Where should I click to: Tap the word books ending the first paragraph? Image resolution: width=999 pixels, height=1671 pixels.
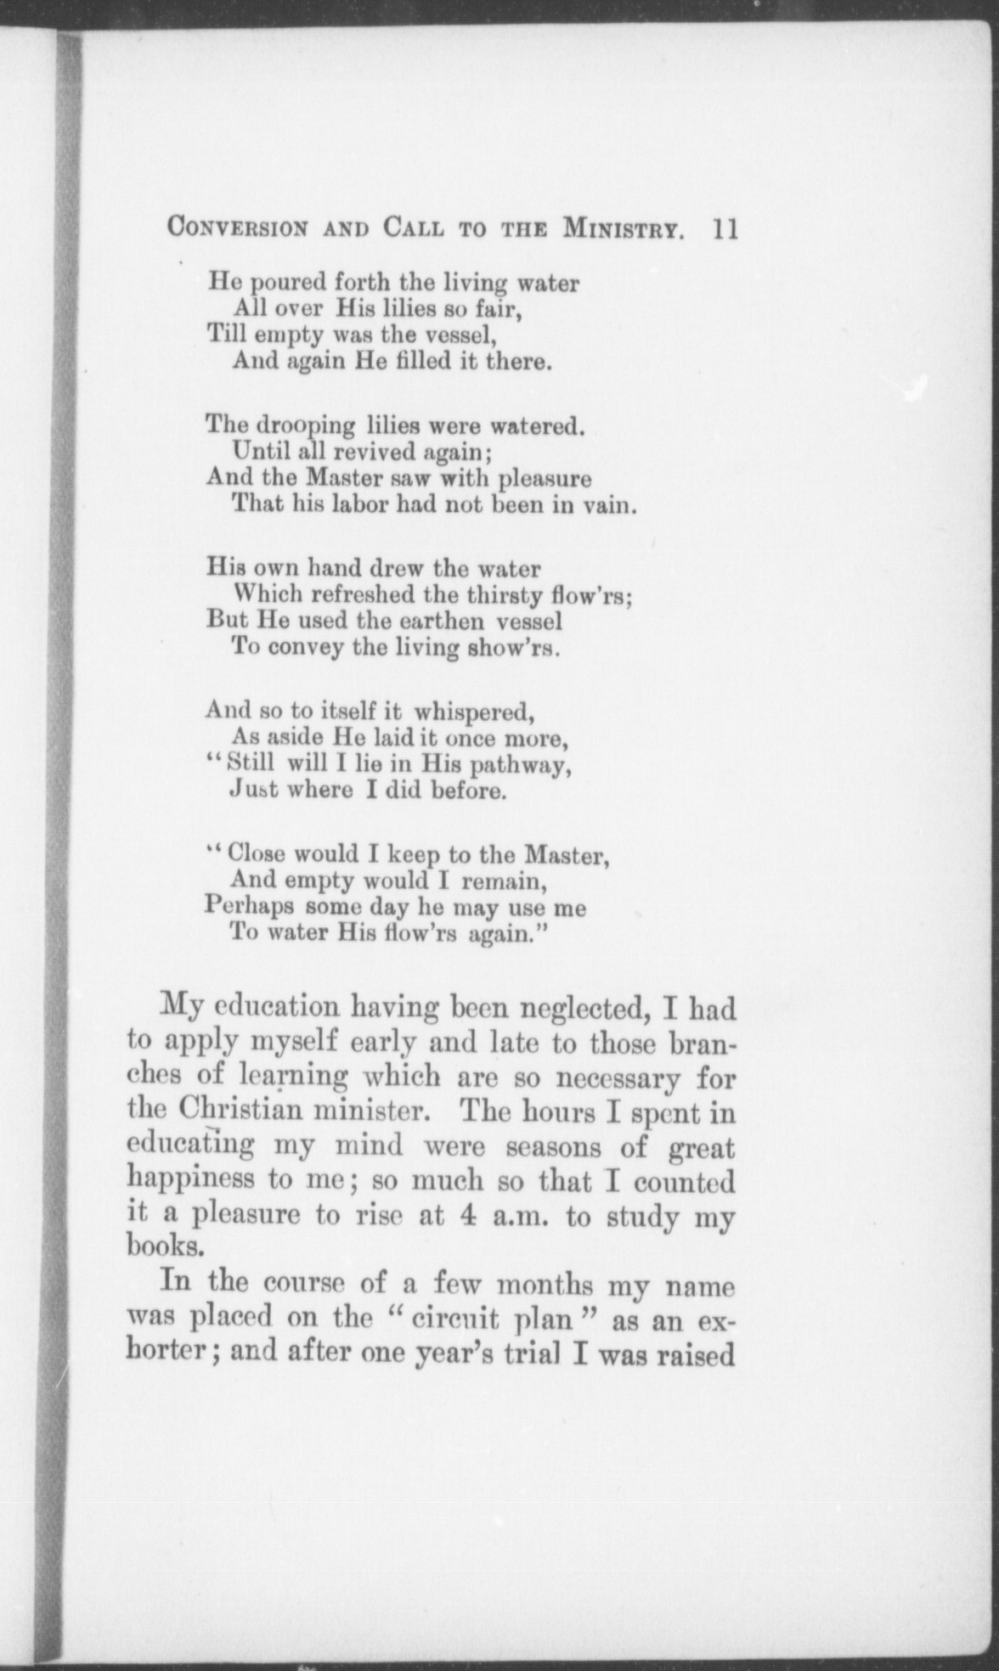166,1246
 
